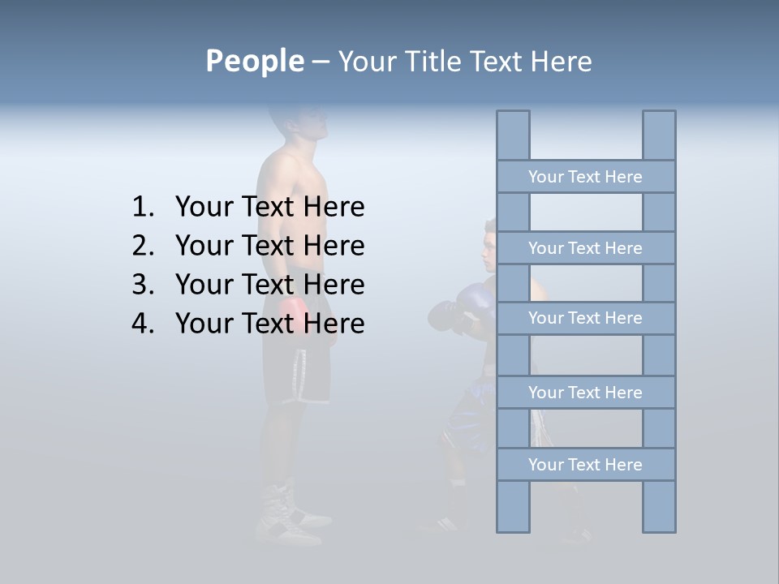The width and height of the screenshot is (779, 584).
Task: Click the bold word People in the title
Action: tap(255, 61)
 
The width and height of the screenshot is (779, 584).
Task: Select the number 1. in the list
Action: tap(143, 208)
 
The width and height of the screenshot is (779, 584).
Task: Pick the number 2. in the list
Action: tap(143, 246)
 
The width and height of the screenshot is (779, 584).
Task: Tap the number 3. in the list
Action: tap(143, 285)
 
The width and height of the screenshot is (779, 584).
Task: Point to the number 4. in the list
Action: tap(143, 324)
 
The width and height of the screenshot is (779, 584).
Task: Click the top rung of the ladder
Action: tap(585, 177)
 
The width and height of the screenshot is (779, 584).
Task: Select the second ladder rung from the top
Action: tap(585, 248)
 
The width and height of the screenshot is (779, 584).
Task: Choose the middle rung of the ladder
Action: tap(585, 318)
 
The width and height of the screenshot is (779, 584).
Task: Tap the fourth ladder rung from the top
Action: tap(585, 393)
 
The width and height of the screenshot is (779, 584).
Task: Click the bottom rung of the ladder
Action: tap(585, 465)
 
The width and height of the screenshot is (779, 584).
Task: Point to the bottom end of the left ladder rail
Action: tap(513, 528)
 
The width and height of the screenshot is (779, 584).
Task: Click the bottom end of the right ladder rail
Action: tap(659, 528)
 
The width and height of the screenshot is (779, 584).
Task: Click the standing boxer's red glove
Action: tap(293, 311)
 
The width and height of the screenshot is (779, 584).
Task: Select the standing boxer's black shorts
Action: tap(297, 373)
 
